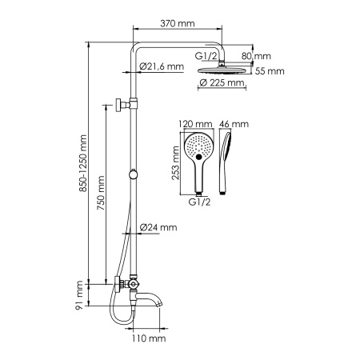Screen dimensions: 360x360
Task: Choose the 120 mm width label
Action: point(197,126)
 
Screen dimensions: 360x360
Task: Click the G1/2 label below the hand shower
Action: point(199,203)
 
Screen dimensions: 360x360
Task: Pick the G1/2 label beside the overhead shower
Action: point(207,56)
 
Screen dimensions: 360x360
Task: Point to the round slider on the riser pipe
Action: point(133,175)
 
